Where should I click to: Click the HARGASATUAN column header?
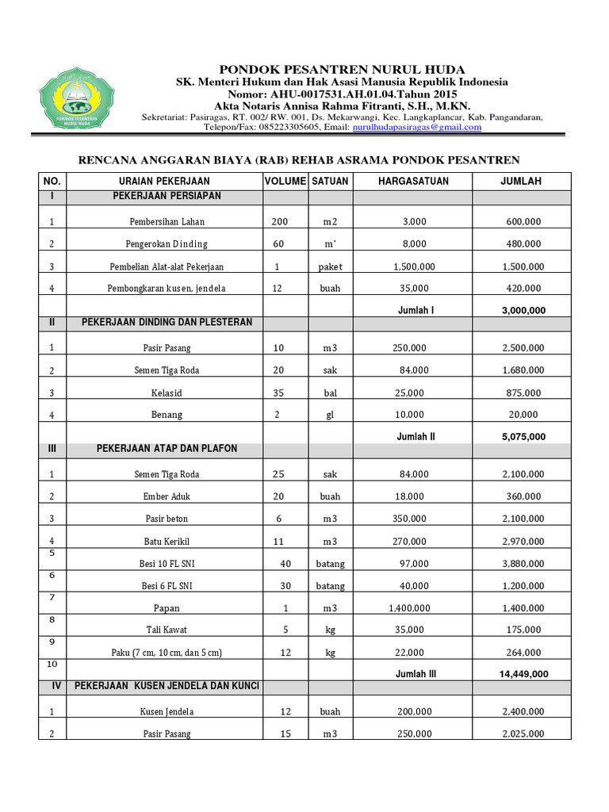coord(413,181)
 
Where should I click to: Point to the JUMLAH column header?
coord(521,181)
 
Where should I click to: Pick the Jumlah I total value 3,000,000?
coord(523,310)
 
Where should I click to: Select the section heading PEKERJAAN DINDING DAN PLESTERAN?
coord(167,322)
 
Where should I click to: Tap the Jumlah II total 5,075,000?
coord(523,436)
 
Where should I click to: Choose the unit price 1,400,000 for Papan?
coord(412,608)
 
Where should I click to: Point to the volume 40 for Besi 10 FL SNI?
coord(285,564)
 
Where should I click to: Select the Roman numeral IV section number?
coord(52,685)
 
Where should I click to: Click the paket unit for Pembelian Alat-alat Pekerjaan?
coord(330,266)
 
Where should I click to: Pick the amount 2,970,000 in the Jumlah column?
coord(523,542)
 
